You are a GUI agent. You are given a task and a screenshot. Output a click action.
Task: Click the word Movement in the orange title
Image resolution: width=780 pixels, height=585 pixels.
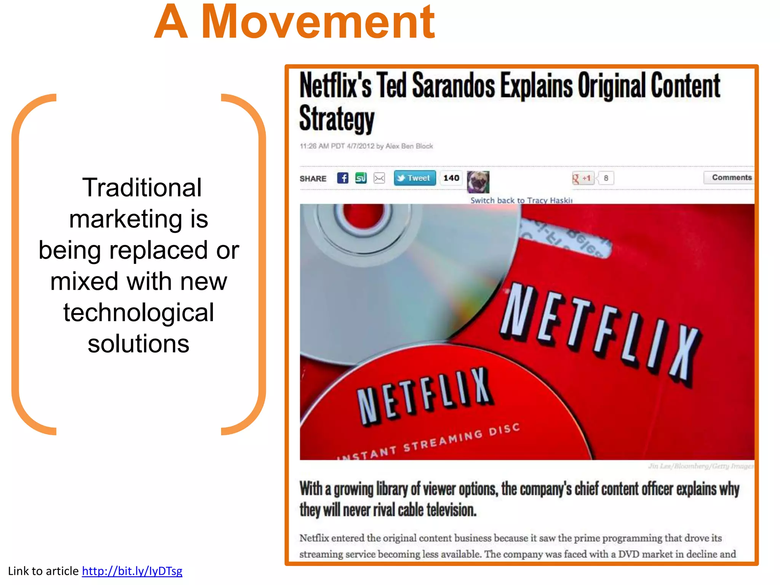tap(318, 23)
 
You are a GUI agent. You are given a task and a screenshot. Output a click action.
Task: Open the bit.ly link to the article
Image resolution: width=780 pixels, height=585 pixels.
tap(132, 571)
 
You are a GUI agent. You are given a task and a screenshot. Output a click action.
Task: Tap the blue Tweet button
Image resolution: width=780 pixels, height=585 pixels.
tap(414, 178)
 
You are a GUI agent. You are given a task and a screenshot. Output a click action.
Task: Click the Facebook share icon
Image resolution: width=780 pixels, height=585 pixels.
tap(342, 178)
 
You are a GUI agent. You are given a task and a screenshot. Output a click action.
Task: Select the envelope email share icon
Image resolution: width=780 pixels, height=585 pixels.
tap(379, 178)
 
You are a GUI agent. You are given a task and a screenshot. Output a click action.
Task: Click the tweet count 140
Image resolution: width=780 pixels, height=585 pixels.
tap(451, 178)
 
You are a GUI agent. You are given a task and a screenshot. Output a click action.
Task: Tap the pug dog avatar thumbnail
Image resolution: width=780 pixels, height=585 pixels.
tap(478, 182)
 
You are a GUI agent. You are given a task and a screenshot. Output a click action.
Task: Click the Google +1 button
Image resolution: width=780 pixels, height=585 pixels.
tap(583, 178)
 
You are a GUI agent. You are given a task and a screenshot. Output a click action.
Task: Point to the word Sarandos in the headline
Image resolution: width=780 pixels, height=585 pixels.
tap(453, 86)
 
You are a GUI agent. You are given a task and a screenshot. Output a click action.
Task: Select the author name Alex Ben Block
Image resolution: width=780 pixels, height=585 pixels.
tap(409, 146)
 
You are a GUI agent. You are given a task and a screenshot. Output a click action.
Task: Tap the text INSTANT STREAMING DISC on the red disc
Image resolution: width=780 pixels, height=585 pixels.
tap(428, 442)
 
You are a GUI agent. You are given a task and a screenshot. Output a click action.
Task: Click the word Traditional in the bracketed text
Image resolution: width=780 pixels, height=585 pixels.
tap(142, 188)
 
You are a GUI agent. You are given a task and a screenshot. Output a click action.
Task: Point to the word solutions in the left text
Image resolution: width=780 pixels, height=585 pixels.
tap(138, 344)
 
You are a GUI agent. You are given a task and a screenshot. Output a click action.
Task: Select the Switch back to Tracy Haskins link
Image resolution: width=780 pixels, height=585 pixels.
tap(521, 200)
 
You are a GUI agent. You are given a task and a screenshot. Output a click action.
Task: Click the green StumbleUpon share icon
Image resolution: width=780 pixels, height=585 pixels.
tap(361, 178)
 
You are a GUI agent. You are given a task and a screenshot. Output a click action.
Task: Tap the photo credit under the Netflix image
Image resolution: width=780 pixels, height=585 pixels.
tap(701, 466)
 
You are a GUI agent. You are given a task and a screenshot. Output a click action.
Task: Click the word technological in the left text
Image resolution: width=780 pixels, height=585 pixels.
tap(138, 312)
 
